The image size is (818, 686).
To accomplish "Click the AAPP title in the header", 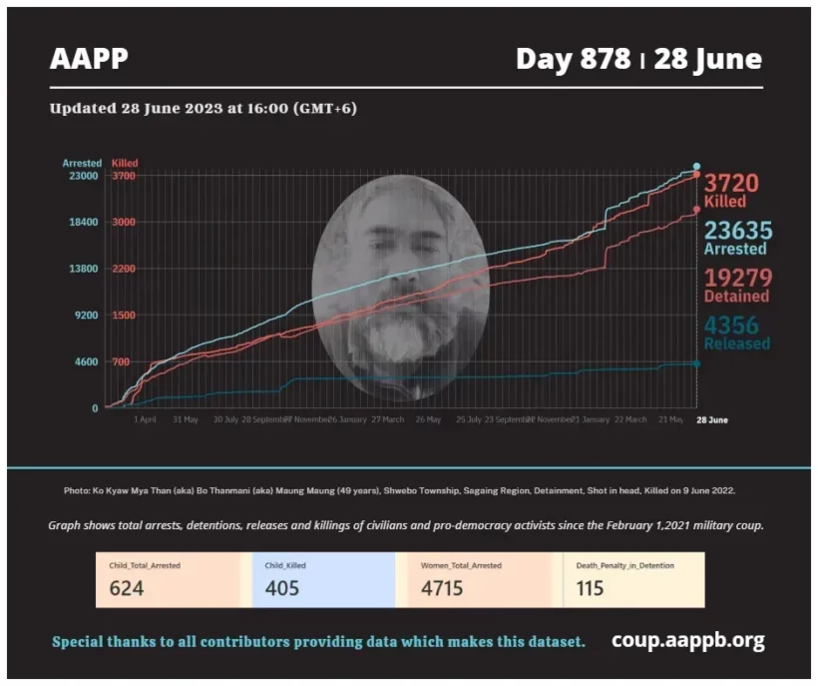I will [89, 60].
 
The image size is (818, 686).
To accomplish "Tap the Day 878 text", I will [573, 59].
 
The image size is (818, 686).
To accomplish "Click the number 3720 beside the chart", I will [731, 183].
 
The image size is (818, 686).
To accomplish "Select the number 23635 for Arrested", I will [737, 231].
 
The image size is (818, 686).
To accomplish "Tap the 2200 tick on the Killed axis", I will [123, 269].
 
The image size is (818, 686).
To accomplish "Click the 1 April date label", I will [145, 420].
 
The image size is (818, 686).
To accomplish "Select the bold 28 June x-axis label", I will [711, 420].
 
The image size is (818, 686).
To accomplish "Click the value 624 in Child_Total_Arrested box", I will [127, 588].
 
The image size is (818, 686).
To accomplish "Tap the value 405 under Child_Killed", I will [282, 588].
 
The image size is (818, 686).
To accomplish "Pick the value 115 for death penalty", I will [590, 588].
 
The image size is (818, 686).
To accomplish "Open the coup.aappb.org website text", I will [688, 640].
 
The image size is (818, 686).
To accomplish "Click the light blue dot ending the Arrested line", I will [696, 167].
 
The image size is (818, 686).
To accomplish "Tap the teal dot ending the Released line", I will [696, 363].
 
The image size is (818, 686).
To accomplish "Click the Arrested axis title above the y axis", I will [82, 163].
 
